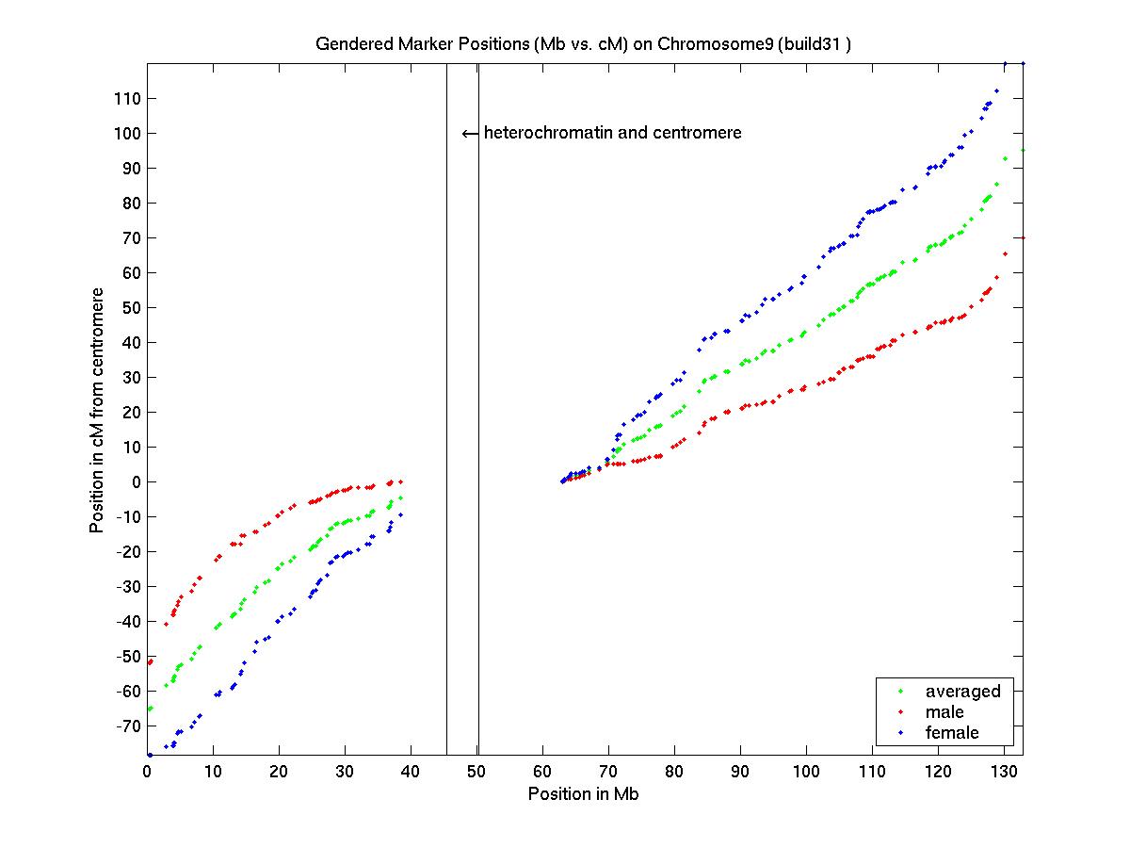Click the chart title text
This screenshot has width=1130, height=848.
(584, 44)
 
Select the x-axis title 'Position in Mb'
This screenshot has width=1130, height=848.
(584, 793)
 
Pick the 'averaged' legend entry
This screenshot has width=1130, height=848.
(962, 691)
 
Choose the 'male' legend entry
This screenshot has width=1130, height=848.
(944, 711)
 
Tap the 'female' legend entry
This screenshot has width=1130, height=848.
(952, 732)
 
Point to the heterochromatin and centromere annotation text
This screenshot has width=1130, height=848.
(612, 133)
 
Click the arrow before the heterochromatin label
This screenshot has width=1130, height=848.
(470, 134)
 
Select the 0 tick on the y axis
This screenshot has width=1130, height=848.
(136, 481)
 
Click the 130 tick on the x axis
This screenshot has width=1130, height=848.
(1004, 771)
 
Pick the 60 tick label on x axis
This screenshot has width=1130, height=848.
(542, 771)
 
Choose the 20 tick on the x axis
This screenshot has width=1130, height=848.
(279, 771)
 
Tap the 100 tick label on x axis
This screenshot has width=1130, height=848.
(806, 771)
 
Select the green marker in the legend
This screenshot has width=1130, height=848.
(900, 692)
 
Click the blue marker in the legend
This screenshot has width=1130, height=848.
(900, 733)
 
